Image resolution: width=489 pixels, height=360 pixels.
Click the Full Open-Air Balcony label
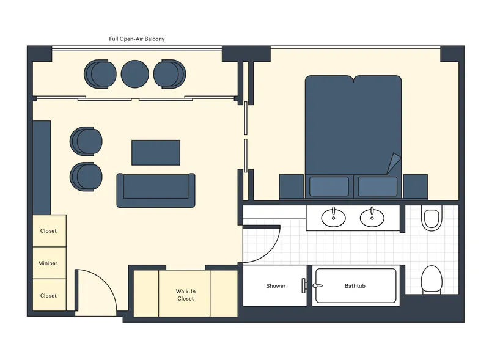pos(137,39)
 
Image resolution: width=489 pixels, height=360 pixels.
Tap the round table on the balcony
pos(134,73)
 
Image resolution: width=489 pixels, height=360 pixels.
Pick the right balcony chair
pos(169,73)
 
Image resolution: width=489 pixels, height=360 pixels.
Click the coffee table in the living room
pos(156,152)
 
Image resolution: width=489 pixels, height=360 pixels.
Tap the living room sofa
pos(156,189)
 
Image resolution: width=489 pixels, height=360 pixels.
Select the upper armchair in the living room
pos(86,141)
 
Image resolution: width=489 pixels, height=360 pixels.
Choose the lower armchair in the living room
pos(86,177)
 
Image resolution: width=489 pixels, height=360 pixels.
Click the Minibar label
pos(48,263)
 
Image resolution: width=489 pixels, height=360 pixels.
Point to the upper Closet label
pos(48,231)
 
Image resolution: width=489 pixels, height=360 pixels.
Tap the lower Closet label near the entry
pos(48,296)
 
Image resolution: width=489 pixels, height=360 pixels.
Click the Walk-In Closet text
pos(185,295)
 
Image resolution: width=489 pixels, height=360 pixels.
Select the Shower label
pos(276,286)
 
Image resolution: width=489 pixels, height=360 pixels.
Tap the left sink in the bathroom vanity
pos(333,216)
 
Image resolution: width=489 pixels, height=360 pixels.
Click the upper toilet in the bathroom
pos(431,219)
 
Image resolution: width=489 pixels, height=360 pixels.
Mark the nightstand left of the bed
pos(292,186)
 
